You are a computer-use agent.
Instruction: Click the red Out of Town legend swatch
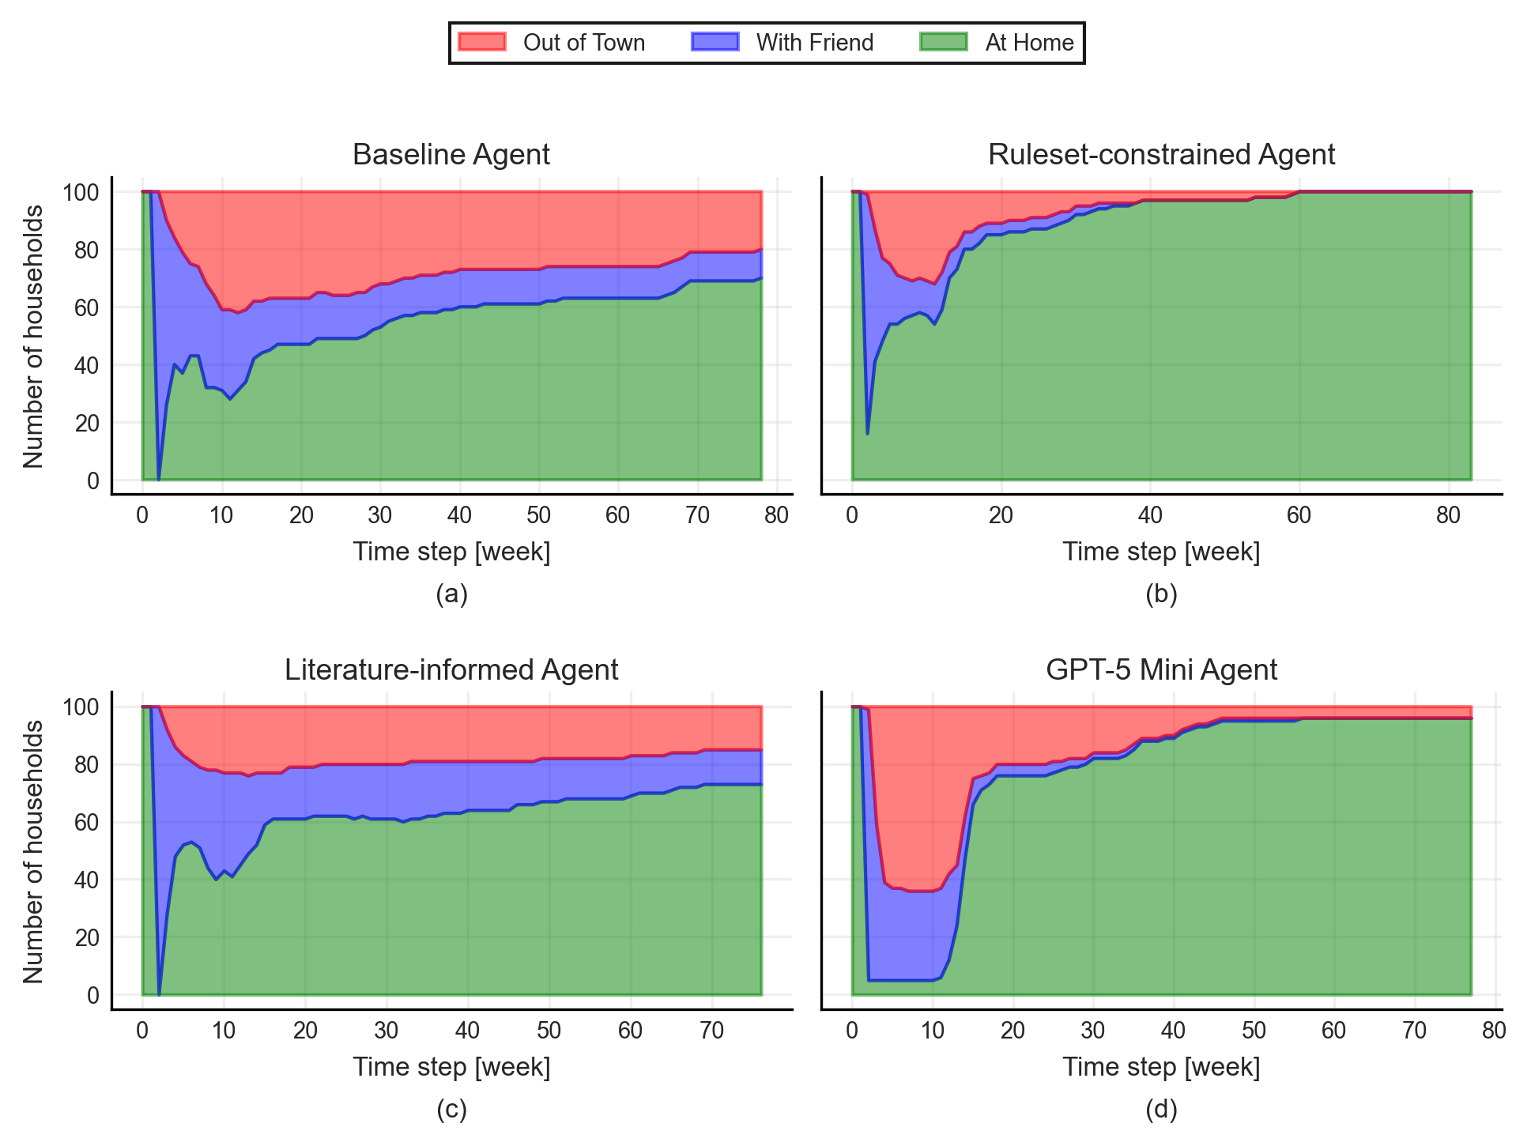(481, 42)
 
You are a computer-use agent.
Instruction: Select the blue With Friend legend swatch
(715, 42)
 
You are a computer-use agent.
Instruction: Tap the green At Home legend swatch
(943, 42)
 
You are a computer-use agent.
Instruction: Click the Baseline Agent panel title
(451, 155)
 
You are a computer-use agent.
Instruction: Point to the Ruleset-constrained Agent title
(1161, 155)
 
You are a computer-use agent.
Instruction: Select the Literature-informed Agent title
(451, 670)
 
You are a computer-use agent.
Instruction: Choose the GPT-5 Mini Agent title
(1161, 670)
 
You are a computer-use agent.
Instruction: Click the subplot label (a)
(451, 594)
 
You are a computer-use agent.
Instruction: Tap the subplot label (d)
(1161, 1110)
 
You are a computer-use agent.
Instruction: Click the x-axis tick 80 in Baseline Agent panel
(777, 516)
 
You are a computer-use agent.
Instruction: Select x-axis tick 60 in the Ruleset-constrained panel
(1299, 516)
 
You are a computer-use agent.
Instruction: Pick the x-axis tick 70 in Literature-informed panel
(712, 1031)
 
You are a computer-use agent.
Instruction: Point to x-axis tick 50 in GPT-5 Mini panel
(1254, 1031)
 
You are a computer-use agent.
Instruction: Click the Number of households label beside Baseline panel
(33, 336)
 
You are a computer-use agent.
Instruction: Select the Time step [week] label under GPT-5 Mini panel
(1161, 1067)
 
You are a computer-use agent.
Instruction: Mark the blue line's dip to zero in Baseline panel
(159, 479)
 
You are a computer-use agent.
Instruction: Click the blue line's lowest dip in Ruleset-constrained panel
(867, 433)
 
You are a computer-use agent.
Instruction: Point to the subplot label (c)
(451, 1110)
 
